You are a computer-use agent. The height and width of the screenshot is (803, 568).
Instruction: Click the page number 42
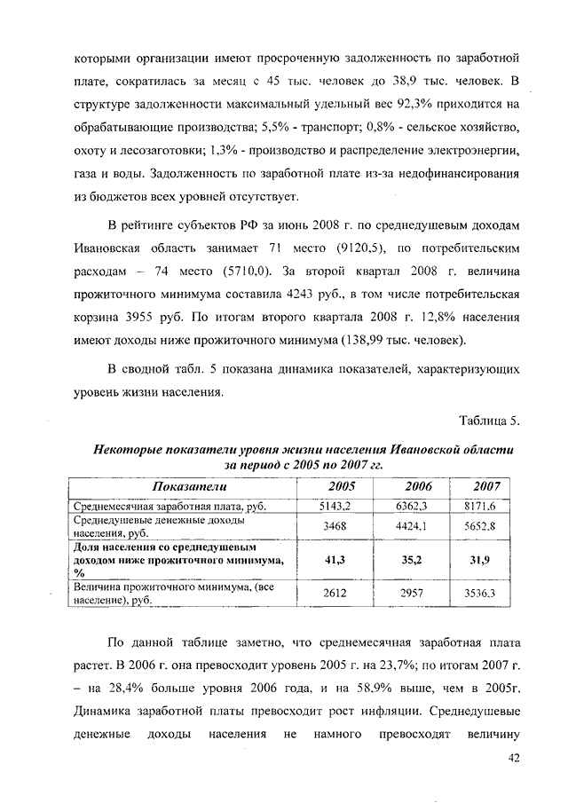point(512,757)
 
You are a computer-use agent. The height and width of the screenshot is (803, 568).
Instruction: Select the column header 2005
point(342,486)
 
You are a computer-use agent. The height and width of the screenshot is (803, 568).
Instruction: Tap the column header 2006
point(417,486)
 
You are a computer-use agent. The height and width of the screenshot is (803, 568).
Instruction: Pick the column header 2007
point(486,486)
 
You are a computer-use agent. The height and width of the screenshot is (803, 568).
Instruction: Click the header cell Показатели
point(189,486)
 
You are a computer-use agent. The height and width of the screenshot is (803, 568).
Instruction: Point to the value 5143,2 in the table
point(335,506)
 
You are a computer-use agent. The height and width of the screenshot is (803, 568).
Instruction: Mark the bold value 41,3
point(335,560)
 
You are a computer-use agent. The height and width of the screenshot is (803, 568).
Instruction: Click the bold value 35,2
point(412,560)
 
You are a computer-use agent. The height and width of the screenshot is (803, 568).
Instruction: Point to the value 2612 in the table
point(335,594)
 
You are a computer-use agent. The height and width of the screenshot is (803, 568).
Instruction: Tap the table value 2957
point(412,594)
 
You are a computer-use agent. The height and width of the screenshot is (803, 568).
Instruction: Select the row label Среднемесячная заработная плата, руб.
point(156,506)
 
